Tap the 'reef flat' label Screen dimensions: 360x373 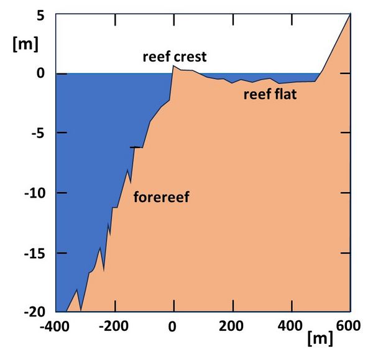269,95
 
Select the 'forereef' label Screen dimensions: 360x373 160,198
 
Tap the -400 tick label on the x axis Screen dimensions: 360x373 55,325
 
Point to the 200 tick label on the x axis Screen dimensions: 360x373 233,325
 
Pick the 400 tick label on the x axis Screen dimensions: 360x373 292,325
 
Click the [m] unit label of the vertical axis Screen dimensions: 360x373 25,44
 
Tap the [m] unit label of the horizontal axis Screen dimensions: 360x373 320,339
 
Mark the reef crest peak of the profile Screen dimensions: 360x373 173,67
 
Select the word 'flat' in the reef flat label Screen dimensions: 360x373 285,95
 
